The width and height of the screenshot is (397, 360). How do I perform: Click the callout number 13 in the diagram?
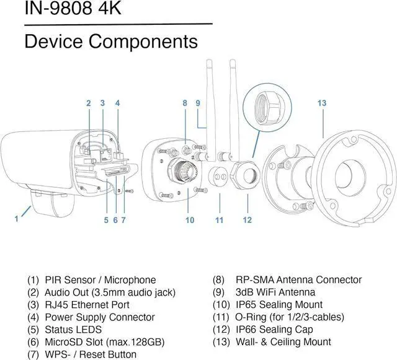(x=321, y=103)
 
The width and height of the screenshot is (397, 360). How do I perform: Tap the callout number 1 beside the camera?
(x=17, y=218)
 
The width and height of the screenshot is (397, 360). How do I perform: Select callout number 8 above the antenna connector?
(x=185, y=103)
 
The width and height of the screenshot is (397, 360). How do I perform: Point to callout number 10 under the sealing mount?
(x=190, y=219)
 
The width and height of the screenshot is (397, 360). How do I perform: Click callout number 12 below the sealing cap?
(x=248, y=219)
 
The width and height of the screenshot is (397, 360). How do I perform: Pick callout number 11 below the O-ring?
(x=219, y=219)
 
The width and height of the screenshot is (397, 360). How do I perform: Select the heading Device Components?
(x=110, y=42)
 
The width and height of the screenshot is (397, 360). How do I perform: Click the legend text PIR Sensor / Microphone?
(x=100, y=280)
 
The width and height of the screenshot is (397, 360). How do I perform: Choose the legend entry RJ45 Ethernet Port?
(x=87, y=305)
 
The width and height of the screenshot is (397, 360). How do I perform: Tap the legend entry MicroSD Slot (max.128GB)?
(x=105, y=342)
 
